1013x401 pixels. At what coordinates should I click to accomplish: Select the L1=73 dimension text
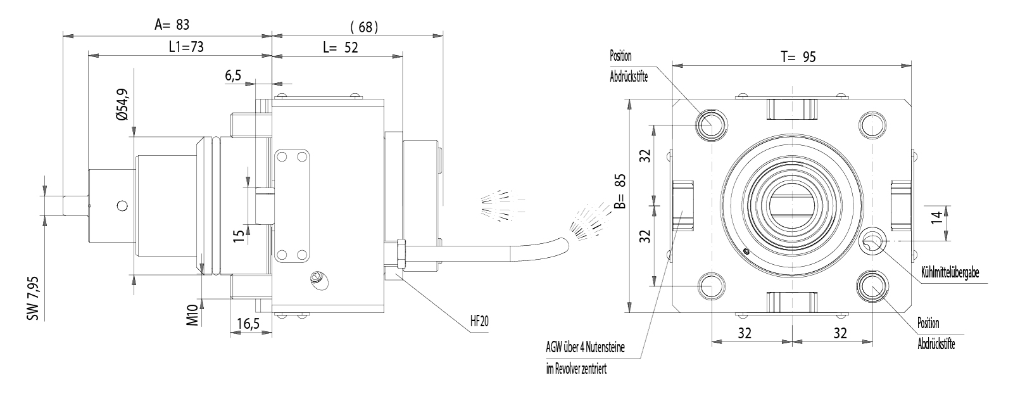pyautogui.click(x=186, y=47)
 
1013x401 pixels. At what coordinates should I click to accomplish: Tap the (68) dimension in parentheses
pyautogui.click(x=363, y=27)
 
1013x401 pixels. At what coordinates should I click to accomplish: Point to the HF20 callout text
pyautogui.click(x=479, y=321)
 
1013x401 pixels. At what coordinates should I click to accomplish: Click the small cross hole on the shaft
pyautogui.click(x=122, y=205)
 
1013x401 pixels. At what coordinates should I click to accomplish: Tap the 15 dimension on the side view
pyautogui.click(x=238, y=236)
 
